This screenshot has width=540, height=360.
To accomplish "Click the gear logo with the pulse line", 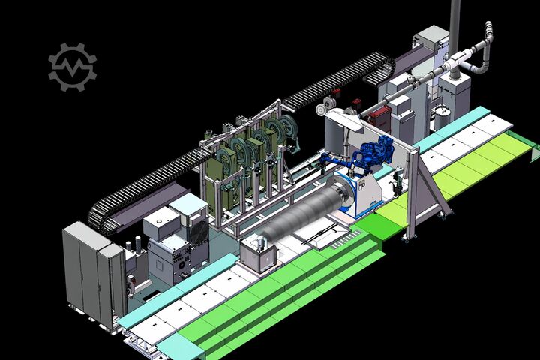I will tap(72, 66).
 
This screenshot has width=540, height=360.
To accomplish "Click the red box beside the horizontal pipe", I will tap(381, 115).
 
